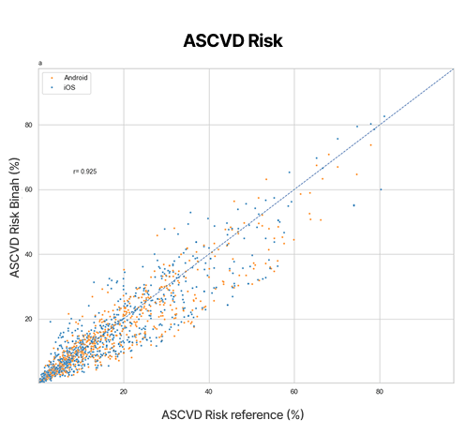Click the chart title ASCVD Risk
tap(232, 41)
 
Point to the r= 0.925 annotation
tap(84, 172)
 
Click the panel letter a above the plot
tap(40, 63)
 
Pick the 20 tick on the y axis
tap(28, 319)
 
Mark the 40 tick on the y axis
tap(28, 254)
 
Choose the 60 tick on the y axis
tap(28, 189)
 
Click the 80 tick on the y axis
tap(28, 125)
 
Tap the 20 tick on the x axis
tap(123, 391)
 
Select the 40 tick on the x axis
tap(208, 391)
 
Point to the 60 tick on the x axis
tap(294, 391)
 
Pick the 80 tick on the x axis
tap(380, 391)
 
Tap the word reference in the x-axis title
tap(260, 413)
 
